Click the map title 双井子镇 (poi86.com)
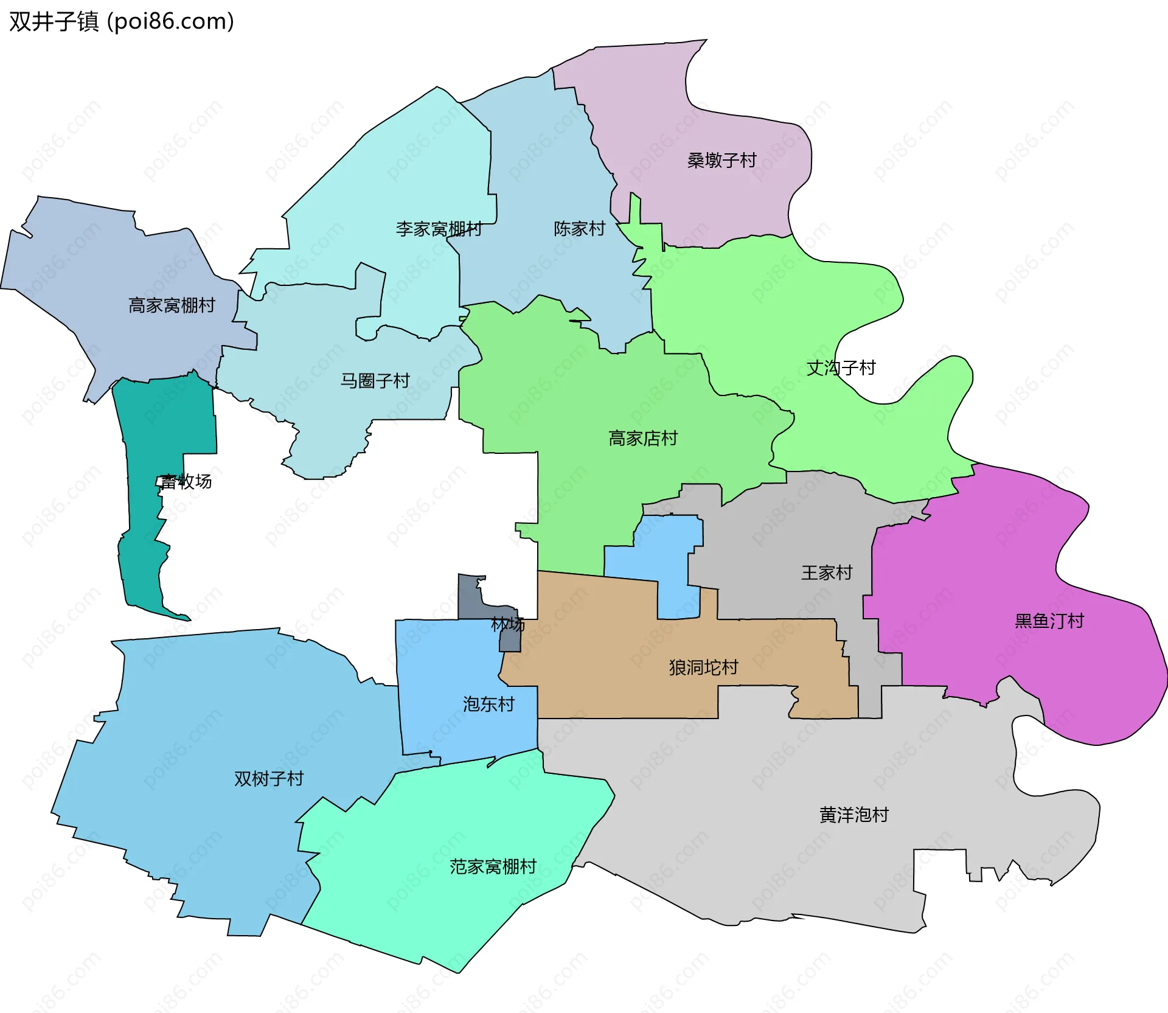pyautogui.click(x=122, y=22)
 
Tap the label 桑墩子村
pyautogui.click(x=721, y=161)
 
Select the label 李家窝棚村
pyautogui.click(x=439, y=229)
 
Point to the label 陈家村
pyautogui.click(x=579, y=229)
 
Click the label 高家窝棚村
pyautogui.click(x=172, y=305)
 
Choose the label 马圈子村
pyautogui.click(x=375, y=381)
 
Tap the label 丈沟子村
pyautogui.click(x=841, y=368)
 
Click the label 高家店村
pyautogui.click(x=643, y=439)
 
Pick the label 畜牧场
pyautogui.click(x=186, y=482)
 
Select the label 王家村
pyautogui.click(x=827, y=573)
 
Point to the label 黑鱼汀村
pyautogui.click(x=1049, y=621)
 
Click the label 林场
pyautogui.click(x=508, y=624)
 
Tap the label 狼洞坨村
pyautogui.click(x=703, y=668)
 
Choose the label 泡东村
pyautogui.click(x=488, y=705)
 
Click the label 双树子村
pyautogui.click(x=269, y=779)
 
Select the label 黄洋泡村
pyautogui.click(x=854, y=815)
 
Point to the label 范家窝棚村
pyautogui.click(x=493, y=867)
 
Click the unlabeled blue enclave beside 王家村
pyautogui.click(x=666, y=560)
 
